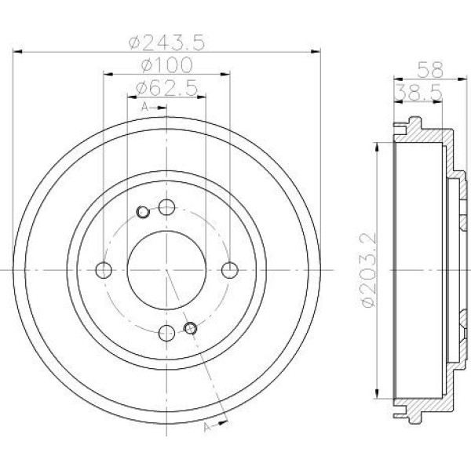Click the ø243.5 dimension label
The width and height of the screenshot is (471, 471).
coord(166,40)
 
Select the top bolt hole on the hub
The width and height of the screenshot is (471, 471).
coord(166,207)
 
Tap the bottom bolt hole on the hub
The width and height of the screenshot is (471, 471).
coord(166,333)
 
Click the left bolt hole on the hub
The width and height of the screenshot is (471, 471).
coord(104,270)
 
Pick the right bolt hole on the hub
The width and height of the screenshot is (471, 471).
coord(229,270)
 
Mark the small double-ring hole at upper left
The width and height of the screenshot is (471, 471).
coord(143,211)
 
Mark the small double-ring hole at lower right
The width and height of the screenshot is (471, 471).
coord(189,327)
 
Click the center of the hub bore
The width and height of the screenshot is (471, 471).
coord(166,270)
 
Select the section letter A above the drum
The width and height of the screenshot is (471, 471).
coord(144,105)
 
